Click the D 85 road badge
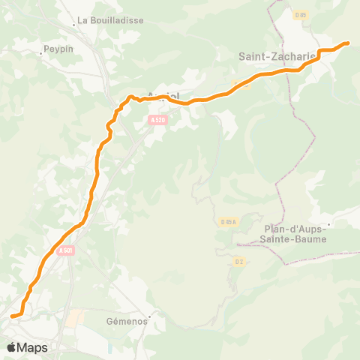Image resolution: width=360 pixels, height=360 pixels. click(x=301, y=14)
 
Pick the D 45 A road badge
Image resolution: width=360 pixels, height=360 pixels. click(x=229, y=221)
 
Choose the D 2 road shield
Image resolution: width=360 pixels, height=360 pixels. click(x=239, y=262)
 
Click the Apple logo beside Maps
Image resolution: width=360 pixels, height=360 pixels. click(x=11, y=347)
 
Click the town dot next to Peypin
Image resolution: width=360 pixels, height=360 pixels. click(x=41, y=54)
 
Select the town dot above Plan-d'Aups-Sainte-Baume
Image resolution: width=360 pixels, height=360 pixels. click(x=328, y=223)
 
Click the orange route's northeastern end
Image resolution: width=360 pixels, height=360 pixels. click(x=347, y=43)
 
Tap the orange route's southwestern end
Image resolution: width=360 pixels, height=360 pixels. click(x=13, y=316)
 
